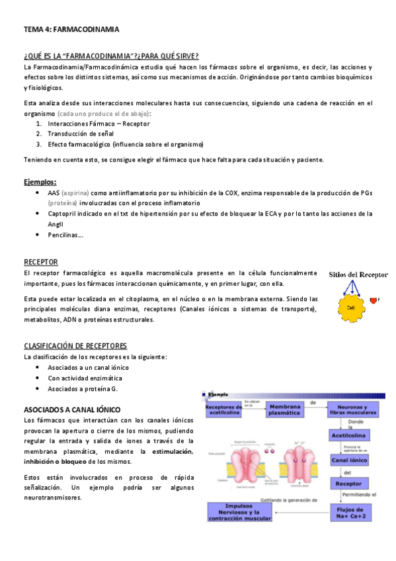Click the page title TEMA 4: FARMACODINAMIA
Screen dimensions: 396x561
[71, 30]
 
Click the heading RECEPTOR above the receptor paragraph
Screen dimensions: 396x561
[40, 262]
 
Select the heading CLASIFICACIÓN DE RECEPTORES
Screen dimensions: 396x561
[75, 346]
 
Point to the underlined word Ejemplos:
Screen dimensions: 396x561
[40, 182]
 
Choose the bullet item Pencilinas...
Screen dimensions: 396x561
[65, 235]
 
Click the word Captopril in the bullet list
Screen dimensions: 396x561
[63, 214]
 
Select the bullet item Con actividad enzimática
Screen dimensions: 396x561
[85, 378]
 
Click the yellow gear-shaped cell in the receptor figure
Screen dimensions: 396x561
[350, 308]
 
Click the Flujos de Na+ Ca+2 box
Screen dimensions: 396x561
[356, 512]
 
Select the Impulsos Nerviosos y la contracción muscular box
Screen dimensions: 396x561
[240, 512]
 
